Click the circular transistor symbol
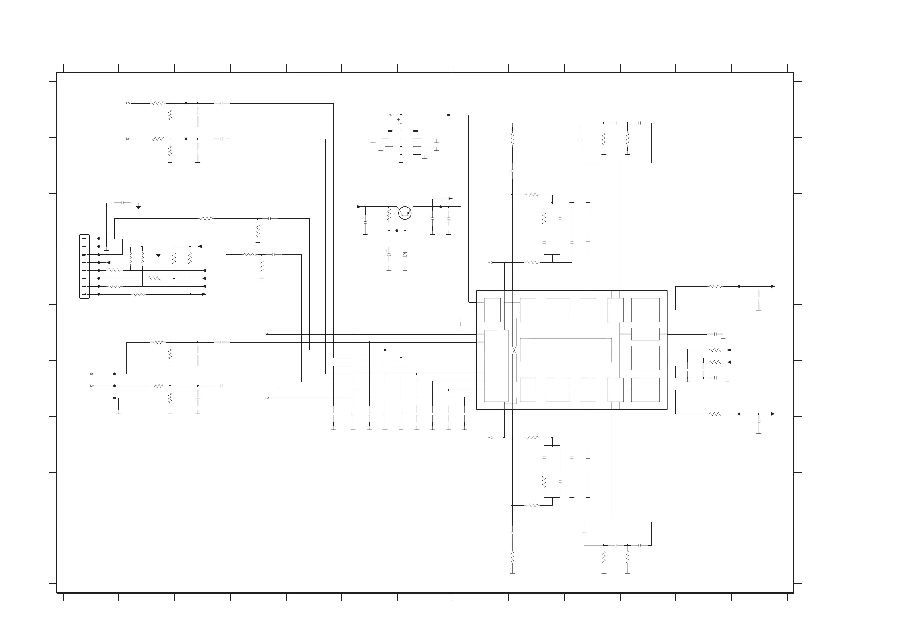[x=405, y=213]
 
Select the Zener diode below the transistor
[x=405, y=255]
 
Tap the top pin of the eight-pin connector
[x=85, y=239]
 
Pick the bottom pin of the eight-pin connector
[x=85, y=295]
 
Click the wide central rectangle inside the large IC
[x=566, y=350]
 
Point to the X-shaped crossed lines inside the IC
[x=514, y=350]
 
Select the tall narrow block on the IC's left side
[x=496, y=366]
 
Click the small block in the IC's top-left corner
[x=492, y=310]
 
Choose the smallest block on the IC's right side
[x=645, y=334]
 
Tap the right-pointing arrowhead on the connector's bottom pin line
[x=204, y=294]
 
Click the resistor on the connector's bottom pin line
[x=138, y=294]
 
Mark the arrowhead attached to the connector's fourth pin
[x=108, y=262]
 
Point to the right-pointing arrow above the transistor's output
[x=450, y=199]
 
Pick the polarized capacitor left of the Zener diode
[x=389, y=252]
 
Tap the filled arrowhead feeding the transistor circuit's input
[x=359, y=207]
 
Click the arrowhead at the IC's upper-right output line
[x=773, y=287]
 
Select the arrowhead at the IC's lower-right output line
[x=773, y=414]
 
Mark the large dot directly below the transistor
[x=397, y=231]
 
